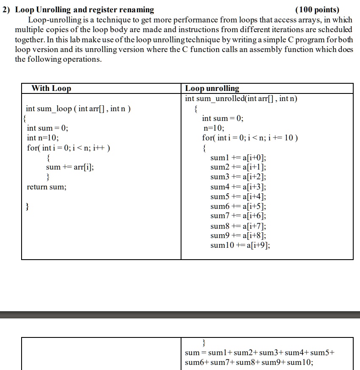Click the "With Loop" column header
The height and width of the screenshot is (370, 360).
51,88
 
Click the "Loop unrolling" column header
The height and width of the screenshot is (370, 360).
212,88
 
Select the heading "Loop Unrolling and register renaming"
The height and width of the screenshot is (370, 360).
85,10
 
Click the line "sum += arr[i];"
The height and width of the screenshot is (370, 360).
70,167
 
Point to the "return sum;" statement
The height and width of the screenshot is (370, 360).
47,186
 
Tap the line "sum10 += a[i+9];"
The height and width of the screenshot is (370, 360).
240,245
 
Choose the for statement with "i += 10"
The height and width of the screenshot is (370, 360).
250,138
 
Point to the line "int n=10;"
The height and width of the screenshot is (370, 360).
43,138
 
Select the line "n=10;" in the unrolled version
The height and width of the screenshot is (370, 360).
214,128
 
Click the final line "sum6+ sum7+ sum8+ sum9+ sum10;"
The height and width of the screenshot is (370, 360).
249,362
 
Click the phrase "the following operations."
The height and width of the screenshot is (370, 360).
58,59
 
